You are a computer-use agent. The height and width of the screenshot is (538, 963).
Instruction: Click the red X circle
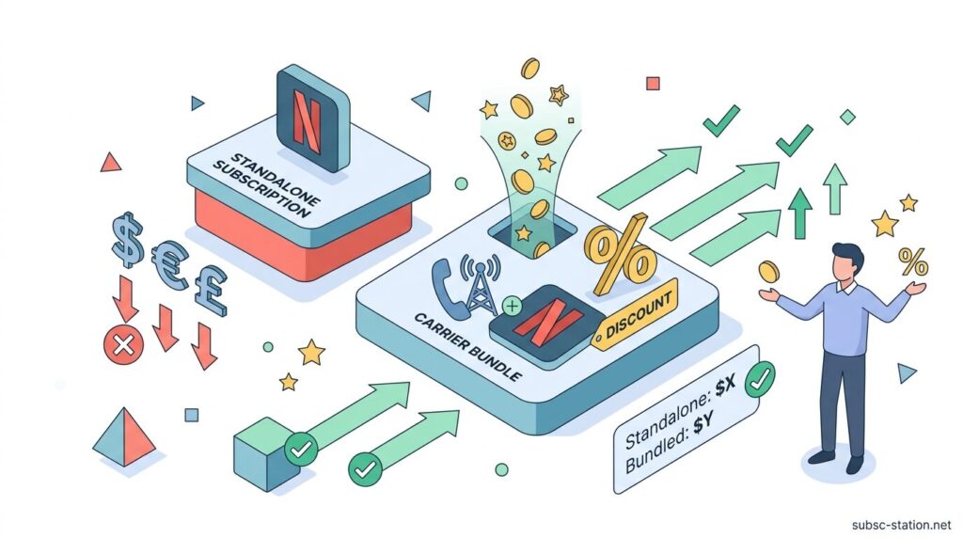tap(123, 347)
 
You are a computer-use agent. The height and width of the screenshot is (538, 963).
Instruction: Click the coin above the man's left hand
tap(769, 272)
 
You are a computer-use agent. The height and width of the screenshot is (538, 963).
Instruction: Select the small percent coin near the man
tap(910, 259)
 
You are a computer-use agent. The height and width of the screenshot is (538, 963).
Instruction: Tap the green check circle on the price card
tap(759, 380)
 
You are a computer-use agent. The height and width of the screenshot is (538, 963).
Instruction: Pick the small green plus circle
tap(513, 306)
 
